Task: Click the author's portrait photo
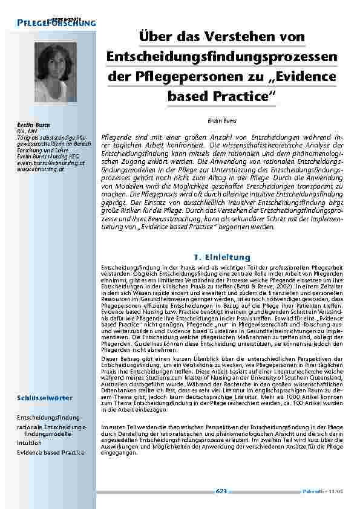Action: coord(55,72)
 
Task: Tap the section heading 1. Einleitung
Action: coord(221,258)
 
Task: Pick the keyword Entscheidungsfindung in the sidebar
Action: coord(48,417)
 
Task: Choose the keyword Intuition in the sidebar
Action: coord(29,443)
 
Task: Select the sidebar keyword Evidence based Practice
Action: coord(51,452)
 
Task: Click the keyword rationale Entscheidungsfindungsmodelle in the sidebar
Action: coord(51,430)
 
